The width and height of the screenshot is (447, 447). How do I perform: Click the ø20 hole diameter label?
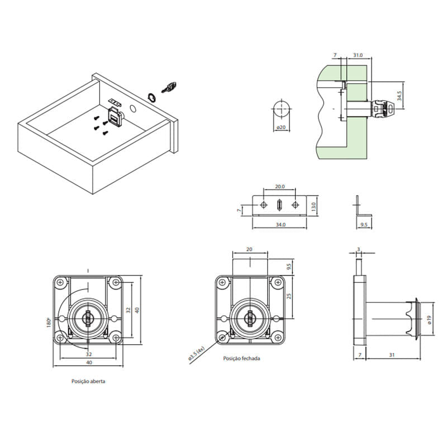(281, 127)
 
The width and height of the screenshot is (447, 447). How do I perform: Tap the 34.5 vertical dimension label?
(400, 96)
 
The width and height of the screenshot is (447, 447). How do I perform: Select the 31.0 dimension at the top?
(358, 55)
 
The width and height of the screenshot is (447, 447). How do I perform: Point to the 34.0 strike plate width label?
(280, 225)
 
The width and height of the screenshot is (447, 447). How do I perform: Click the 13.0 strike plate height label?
(313, 206)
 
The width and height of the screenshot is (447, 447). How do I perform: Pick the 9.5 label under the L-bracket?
(364, 225)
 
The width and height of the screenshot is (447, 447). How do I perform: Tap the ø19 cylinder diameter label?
(430, 320)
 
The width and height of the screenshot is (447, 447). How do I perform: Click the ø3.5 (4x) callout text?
(197, 354)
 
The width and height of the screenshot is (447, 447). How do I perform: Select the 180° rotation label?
(49, 322)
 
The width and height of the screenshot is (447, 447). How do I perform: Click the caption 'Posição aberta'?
(88, 381)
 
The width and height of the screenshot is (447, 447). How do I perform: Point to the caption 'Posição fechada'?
(241, 358)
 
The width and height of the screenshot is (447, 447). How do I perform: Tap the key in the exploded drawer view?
(169, 87)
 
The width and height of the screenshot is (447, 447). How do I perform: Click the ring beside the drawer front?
(151, 97)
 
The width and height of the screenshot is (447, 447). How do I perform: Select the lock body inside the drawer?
(116, 117)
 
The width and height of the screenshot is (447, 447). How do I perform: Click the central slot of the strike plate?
(279, 205)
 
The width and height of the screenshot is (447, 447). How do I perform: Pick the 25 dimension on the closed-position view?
(289, 296)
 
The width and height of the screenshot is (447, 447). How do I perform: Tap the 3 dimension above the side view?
(359, 249)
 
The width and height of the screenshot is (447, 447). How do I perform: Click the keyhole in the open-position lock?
(88, 318)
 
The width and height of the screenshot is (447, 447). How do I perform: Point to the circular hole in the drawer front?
(133, 108)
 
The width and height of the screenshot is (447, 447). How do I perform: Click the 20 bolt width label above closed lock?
(249, 249)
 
